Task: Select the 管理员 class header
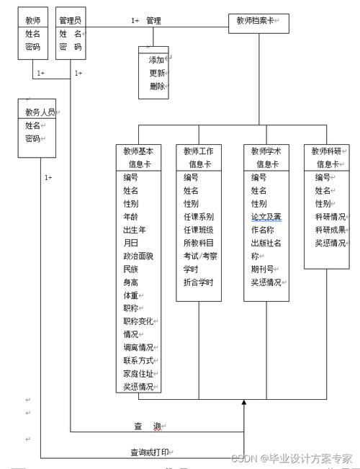pyautogui.click(x=70, y=20)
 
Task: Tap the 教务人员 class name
pyautogui.click(x=38, y=112)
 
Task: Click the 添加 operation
pyautogui.click(x=156, y=60)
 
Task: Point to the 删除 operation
pyautogui.click(x=156, y=86)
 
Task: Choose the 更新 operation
pyautogui.click(x=156, y=73)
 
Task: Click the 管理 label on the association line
pyautogui.click(x=153, y=21)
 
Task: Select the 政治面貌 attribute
pyautogui.click(x=138, y=256)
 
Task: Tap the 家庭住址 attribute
pyautogui.click(x=139, y=373)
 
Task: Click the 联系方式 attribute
pyautogui.click(x=139, y=360)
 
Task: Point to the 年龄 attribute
pyautogui.click(x=130, y=217)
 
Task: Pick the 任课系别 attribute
pyautogui.click(x=198, y=217)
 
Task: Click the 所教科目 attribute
pyautogui.click(x=198, y=243)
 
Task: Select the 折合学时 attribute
pyautogui.click(x=198, y=282)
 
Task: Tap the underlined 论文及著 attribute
pyautogui.click(x=266, y=217)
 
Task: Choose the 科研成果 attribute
pyautogui.click(x=330, y=230)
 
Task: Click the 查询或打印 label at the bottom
pyautogui.click(x=152, y=452)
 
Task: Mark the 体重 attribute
pyautogui.click(x=132, y=295)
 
